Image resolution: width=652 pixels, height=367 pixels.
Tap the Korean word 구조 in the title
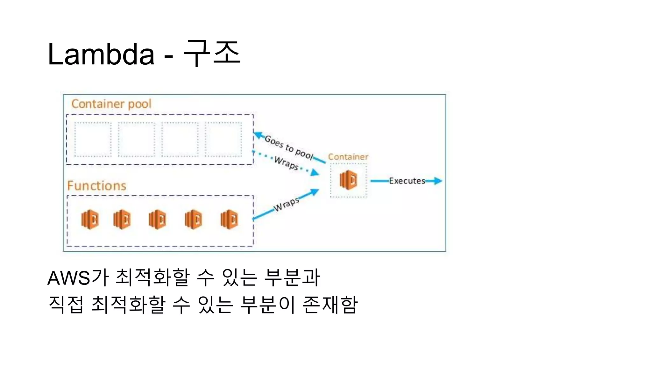(x=212, y=53)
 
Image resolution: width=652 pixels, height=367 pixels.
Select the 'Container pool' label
(x=111, y=104)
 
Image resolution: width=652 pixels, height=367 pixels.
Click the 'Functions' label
(x=97, y=186)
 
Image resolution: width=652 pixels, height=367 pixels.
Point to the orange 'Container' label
(x=348, y=157)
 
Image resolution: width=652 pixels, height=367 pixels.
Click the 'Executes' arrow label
(x=407, y=181)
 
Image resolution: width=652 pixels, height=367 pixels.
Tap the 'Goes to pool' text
(x=289, y=147)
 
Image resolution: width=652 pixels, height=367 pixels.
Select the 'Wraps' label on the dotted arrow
(x=286, y=163)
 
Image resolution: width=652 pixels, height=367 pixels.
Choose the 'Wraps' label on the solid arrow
(x=287, y=204)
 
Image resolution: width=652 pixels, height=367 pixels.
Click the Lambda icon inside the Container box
(x=348, y=180)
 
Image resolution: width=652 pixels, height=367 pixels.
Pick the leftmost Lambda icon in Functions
(x=90, y=219)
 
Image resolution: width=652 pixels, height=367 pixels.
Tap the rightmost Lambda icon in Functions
(x=229, y=219)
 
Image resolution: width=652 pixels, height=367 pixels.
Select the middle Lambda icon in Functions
(x=157, y=219)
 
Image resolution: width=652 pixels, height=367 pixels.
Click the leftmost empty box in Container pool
(x=93, y=139)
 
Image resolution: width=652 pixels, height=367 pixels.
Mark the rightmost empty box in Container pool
(x=223, y=139)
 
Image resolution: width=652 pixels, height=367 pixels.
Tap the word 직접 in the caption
(x=66, y=305)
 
